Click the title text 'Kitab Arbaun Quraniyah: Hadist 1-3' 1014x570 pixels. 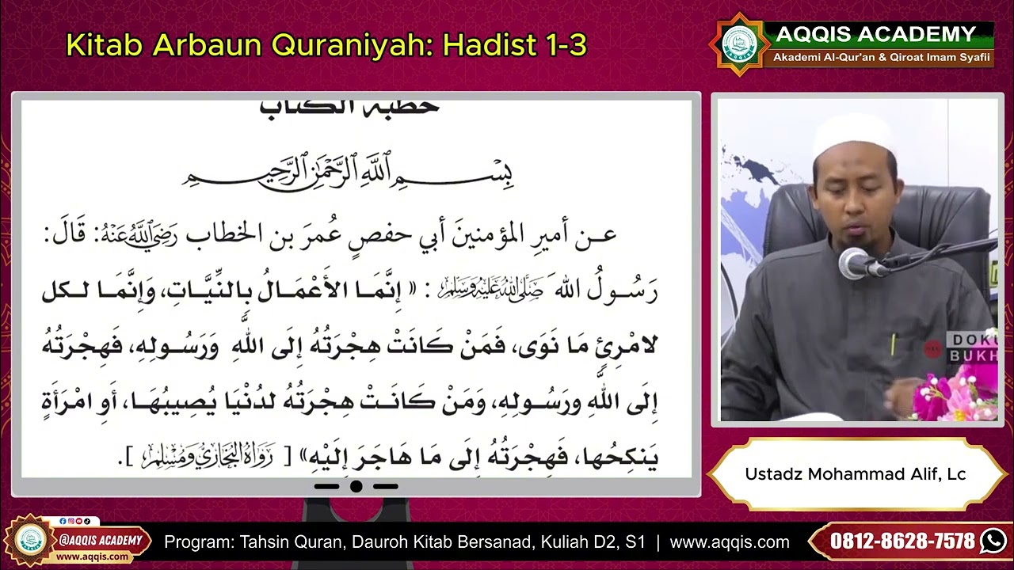click(326, 46)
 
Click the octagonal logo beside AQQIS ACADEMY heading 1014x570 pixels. click(738, 44)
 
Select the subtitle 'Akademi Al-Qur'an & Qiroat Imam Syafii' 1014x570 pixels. click(881, 58)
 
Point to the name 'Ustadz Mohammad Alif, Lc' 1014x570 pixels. click(855, 474)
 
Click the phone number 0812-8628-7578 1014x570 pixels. click(902, 541)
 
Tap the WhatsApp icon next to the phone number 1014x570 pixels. click(993, 541)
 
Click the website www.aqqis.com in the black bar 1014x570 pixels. click(729, 542)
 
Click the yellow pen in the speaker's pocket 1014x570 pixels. click(893, 344)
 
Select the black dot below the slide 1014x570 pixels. click(356, 486)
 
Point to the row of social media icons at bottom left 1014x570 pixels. click(78, 521)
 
